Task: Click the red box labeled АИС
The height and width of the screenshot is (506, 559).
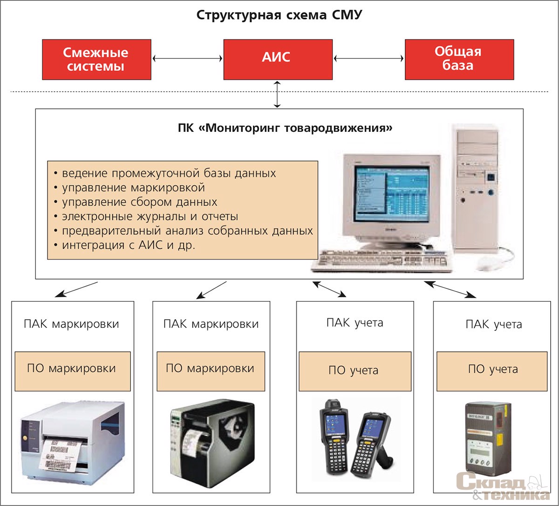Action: [x=278, y=59]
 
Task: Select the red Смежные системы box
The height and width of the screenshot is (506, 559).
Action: [x=96, y=59]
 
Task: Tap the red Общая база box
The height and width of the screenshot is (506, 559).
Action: [x=459, y=59]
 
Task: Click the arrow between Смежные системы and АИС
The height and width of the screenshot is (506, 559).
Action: [x=187, y=59]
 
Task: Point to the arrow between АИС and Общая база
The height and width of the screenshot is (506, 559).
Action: [x=368, y=59]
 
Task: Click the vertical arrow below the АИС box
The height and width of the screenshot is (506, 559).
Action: [x=278, y=94]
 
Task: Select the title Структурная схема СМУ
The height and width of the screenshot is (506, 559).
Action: [x=279, y=15]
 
